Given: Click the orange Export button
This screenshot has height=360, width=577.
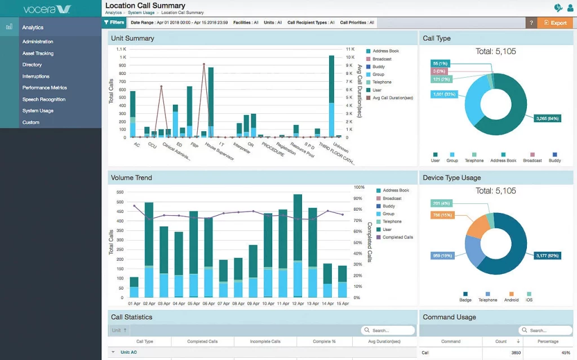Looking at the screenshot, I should pyautogui.click(x=555, y=23).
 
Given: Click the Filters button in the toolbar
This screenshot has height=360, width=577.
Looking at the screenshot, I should pyautogui.click(x=114, y=23).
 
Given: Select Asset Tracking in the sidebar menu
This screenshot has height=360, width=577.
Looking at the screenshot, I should pyautogui.click(x=38, y=54).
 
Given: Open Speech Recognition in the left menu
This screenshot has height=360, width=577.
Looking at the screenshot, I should pyautogui.click(x=44, y=99).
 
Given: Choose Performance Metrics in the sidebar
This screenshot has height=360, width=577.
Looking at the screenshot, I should pyautogui.click(x=45, y=88).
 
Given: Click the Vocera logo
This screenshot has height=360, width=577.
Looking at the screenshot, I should pyautogui.click(x=47, y=8).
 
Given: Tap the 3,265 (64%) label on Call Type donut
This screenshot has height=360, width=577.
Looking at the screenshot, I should pyautogui.click(x=547, y=118).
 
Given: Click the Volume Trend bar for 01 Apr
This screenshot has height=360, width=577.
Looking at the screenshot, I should pyautogui.click(x=134, y=287).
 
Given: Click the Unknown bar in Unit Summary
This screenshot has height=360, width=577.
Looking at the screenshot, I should pyautogui.click(x=332, y=96).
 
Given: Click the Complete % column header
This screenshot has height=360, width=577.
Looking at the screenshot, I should pyautogui.click(x=324, y=341).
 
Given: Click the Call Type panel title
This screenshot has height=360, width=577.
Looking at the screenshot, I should pyautogui.click(x=437, y=38).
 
